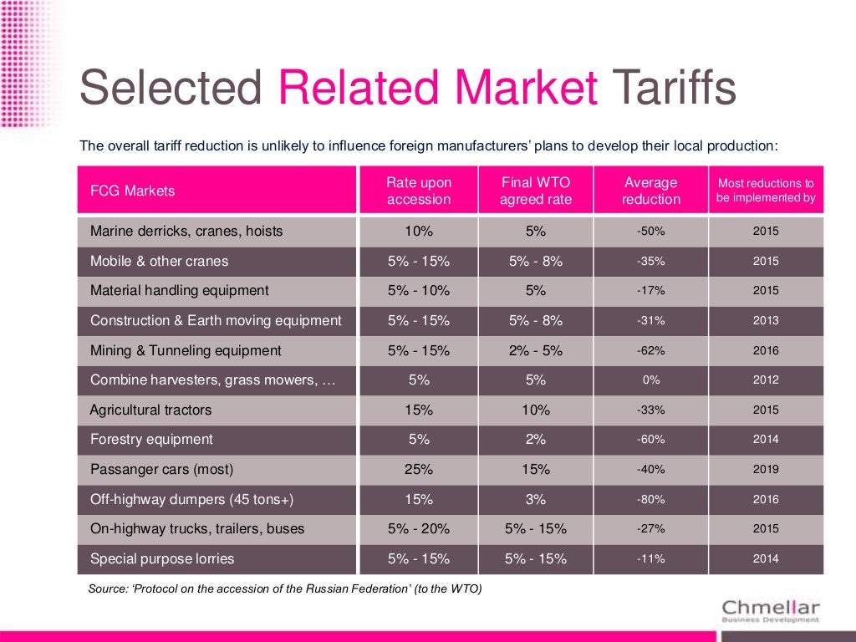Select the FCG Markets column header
click(132, 191)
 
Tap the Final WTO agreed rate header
click(536, 191)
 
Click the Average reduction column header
click(650, 191)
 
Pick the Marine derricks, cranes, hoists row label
click(186, 231)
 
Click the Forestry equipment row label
click(151, 439)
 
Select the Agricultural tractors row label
click(150, 410)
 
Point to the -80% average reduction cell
click(650, 499)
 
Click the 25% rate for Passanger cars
click(419, 469)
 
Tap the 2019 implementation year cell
click(765, 469)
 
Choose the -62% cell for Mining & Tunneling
click(650, 350)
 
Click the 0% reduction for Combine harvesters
click(650, 380)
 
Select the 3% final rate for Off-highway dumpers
click(536, 499)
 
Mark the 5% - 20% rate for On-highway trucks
click(419, 528)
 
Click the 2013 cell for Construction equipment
click(765, 320)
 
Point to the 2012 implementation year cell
click(765, 380)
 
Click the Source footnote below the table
click(285, 588)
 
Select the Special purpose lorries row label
click(162, 558)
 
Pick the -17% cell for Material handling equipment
click(650, 290)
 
